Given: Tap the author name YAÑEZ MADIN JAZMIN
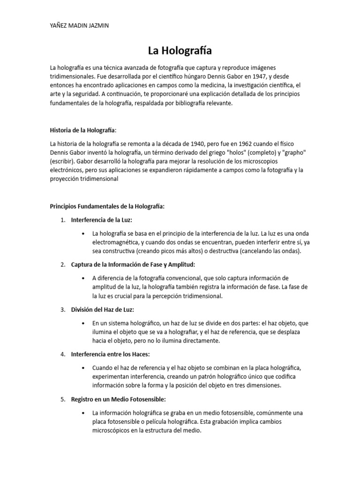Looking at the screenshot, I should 79,26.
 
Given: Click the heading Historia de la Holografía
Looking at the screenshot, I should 82,130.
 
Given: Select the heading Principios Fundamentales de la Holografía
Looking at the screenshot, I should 107,206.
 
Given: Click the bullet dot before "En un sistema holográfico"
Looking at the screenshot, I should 83,323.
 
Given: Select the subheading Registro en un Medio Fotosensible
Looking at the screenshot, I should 119,399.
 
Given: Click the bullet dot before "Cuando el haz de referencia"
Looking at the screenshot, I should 83,368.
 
